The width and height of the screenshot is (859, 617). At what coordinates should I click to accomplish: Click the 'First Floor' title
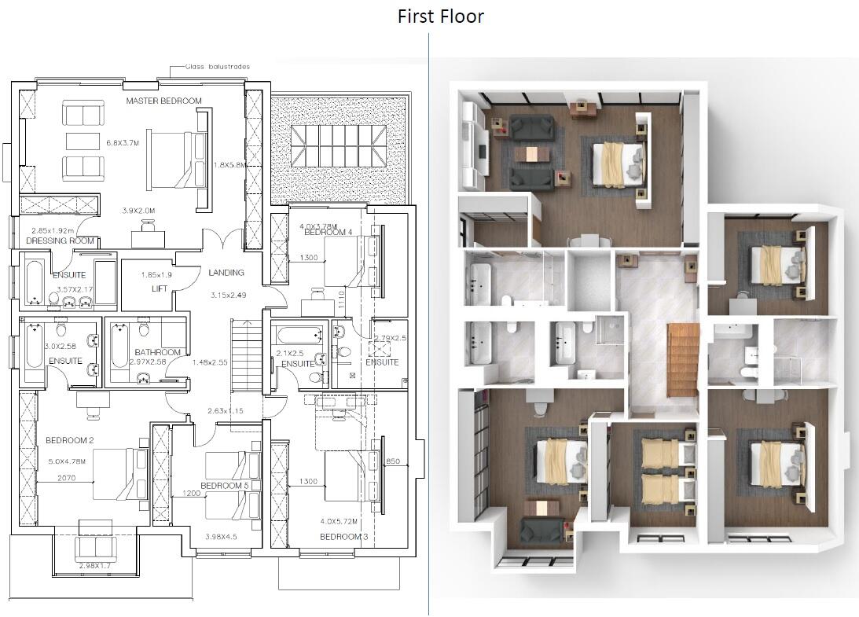coord(440,16)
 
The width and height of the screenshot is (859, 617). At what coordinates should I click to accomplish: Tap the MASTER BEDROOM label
coord(163,101)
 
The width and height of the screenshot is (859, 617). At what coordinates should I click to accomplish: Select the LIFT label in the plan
coord(160,289)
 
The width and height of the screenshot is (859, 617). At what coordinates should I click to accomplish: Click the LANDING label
coord(226,273)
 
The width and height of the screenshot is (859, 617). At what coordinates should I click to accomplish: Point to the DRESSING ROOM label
coord(60,241)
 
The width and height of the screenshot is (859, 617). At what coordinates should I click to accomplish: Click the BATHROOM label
coord(157,352)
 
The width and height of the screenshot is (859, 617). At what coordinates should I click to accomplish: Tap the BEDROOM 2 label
coord(69,440)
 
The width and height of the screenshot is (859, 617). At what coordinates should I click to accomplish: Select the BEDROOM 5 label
coord(224,486)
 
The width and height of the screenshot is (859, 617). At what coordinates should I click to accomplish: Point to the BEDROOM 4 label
coord(328,233)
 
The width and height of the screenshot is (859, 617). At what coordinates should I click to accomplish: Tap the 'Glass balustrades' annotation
coord(218,67)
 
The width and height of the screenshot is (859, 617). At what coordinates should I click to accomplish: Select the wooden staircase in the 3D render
coord(681,361)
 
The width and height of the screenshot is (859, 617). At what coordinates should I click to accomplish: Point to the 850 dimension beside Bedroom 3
coord(393,462)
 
